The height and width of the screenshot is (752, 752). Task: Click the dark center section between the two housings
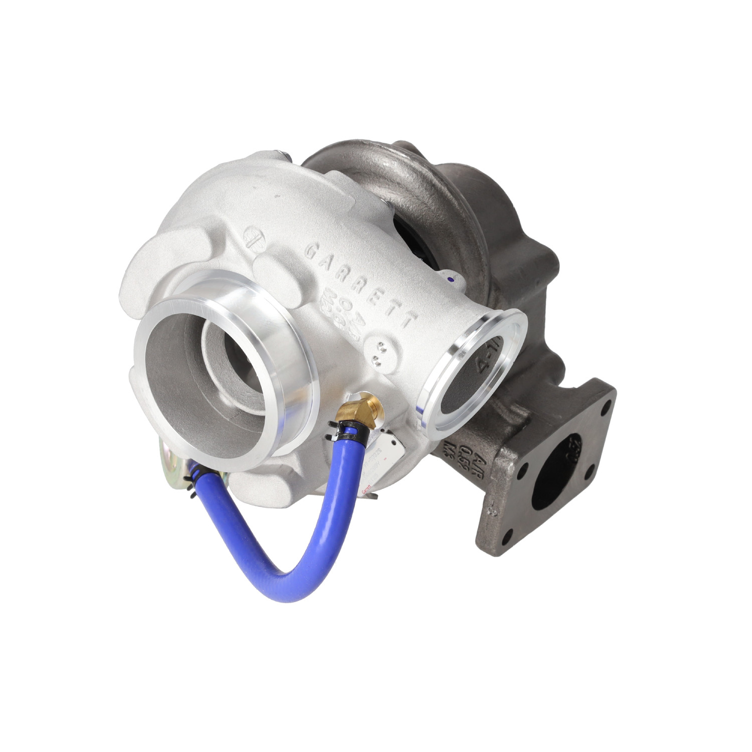coord(416,236)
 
